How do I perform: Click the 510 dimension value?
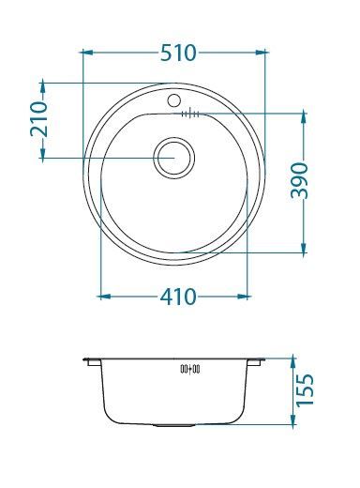[178, 53]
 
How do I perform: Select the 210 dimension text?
[38, 119]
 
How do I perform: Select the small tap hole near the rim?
[173, 99]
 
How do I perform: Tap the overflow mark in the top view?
[189, 114]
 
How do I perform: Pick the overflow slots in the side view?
[189, 371]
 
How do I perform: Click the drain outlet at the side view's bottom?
[174, 424]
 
